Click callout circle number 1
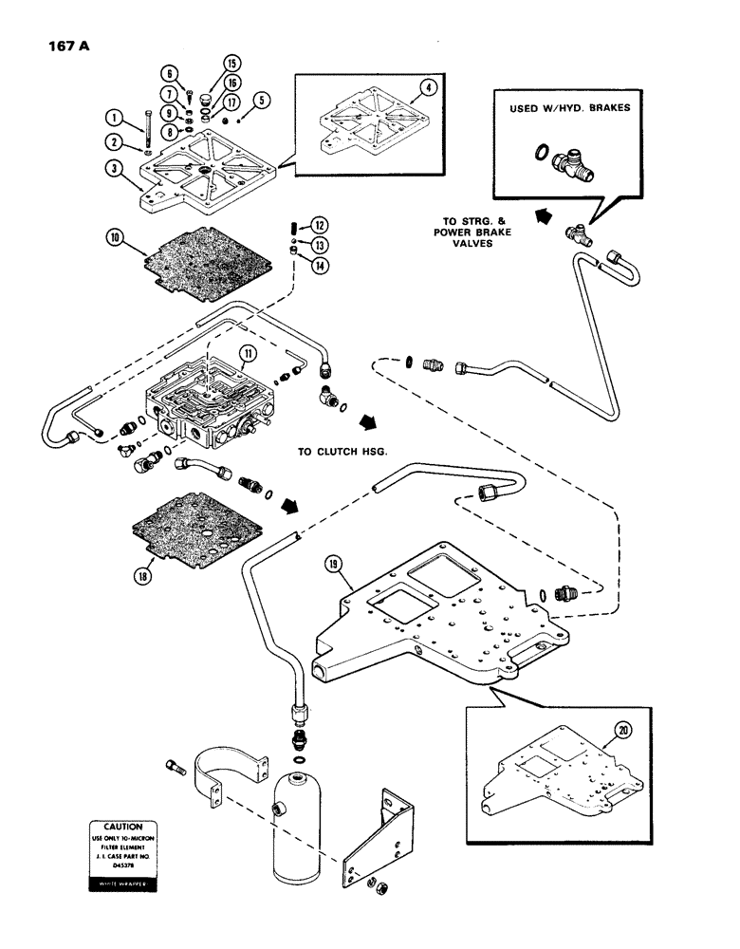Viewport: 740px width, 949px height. [x=113, y=119]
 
